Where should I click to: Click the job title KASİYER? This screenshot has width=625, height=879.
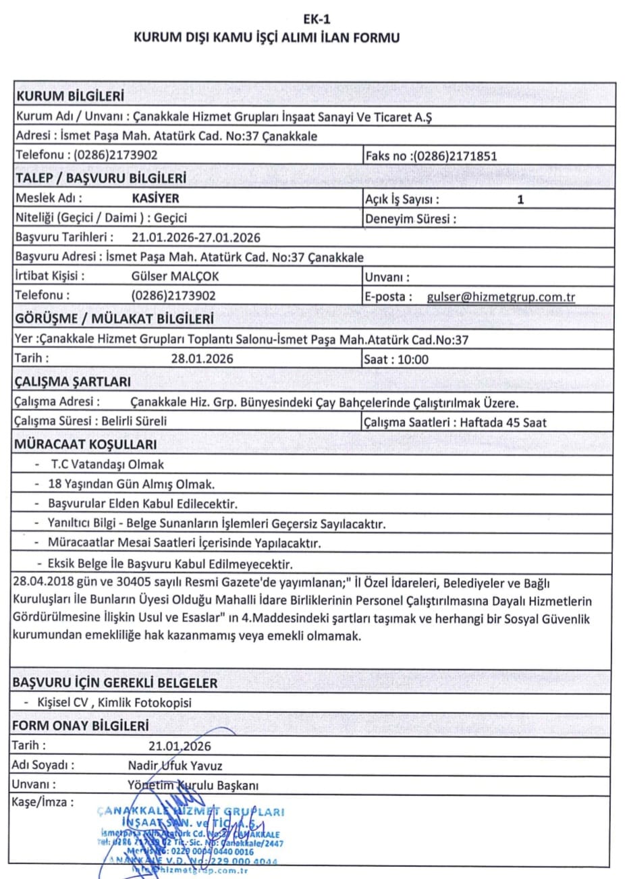pos(156,198)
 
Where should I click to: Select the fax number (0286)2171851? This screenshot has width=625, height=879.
pos(456,156)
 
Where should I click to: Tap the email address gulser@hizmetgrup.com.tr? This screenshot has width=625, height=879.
pos(501,296)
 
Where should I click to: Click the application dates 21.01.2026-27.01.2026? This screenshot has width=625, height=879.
pos(196,237)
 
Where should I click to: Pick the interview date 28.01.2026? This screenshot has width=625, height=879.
pos(202,359)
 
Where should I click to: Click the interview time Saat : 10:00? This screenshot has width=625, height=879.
pos(396,359)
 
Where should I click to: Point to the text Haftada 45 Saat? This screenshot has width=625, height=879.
pos(503,423)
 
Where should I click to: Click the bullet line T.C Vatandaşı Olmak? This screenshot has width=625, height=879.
pos(107,464)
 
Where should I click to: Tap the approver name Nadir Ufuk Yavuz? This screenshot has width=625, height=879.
pos(175,766)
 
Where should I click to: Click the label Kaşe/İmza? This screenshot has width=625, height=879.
pos(43,803)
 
